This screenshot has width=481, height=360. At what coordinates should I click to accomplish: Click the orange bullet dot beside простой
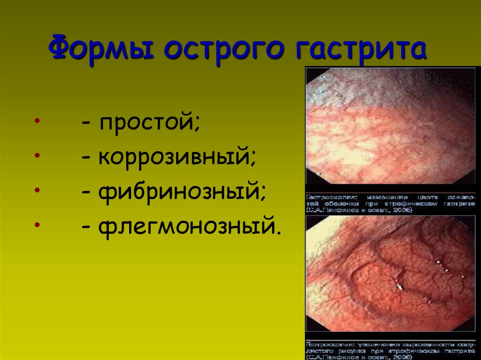click(37, 123)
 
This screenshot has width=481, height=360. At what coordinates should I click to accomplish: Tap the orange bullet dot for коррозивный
click(37, 156)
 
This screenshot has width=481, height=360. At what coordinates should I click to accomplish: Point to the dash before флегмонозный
click(85, 226)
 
